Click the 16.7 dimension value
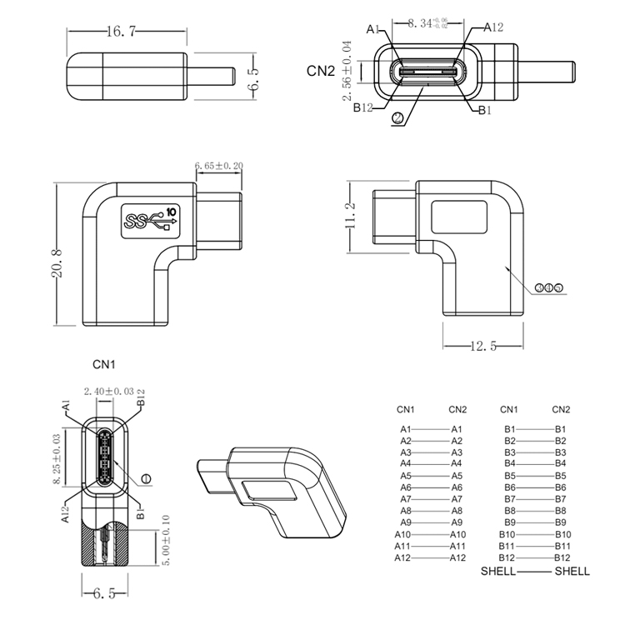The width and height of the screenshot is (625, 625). (121, 32)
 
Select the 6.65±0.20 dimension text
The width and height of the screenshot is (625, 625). (218, 167)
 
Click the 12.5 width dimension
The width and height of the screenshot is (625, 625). (482, 346)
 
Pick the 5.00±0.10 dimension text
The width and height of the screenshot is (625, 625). (166, 542)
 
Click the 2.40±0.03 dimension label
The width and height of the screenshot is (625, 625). (108, 390)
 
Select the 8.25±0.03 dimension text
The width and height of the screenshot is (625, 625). (57, 458)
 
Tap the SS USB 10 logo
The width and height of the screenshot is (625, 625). (151, 218)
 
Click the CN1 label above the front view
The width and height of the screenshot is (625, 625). (103, 364)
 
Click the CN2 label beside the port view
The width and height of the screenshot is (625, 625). (321, 71)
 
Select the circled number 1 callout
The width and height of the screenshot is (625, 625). (147, 478)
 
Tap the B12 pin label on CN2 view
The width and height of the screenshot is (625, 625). (362, 107)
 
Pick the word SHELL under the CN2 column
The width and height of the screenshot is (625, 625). (572, 571)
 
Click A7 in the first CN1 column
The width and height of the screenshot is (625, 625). (406, 498)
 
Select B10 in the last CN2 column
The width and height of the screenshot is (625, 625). (561, 534)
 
